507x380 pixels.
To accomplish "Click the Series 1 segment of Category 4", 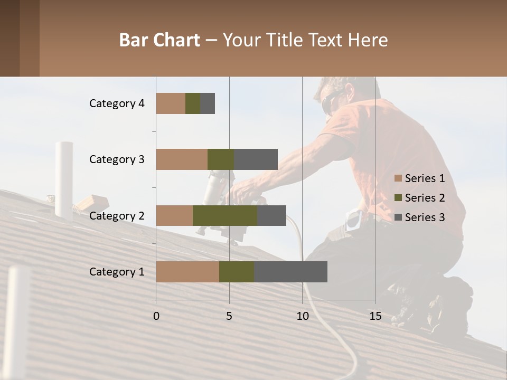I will click(171, 103).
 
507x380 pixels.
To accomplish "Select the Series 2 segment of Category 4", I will click(193, 103).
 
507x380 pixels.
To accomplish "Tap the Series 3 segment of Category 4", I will click(208, 103).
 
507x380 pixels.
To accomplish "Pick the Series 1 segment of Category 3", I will click(182, 159).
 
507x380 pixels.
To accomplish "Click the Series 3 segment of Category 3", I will click(256, 159).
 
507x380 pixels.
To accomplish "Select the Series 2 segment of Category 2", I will click(225, 215).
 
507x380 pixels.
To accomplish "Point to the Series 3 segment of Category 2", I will click(271, 215).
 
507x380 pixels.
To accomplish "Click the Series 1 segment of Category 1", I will click(187, 272).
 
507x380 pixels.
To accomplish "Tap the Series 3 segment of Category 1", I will click(290, 272).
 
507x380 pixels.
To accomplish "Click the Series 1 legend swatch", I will click(398, 178).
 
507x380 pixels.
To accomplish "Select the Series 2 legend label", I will click(425, 198).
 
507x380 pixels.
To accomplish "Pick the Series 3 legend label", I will click(425, 217).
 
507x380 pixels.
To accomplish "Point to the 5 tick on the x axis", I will click(229, 316).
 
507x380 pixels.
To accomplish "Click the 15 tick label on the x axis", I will click(375, 316).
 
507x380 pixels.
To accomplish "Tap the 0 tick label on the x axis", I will click(156, 316).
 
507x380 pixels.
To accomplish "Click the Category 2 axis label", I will click(117, 215).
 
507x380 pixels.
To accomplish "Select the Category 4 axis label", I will click(117, 103).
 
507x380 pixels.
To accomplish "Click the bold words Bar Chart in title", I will click(159, 40).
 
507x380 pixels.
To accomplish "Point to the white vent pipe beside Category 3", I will click(64, 179).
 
